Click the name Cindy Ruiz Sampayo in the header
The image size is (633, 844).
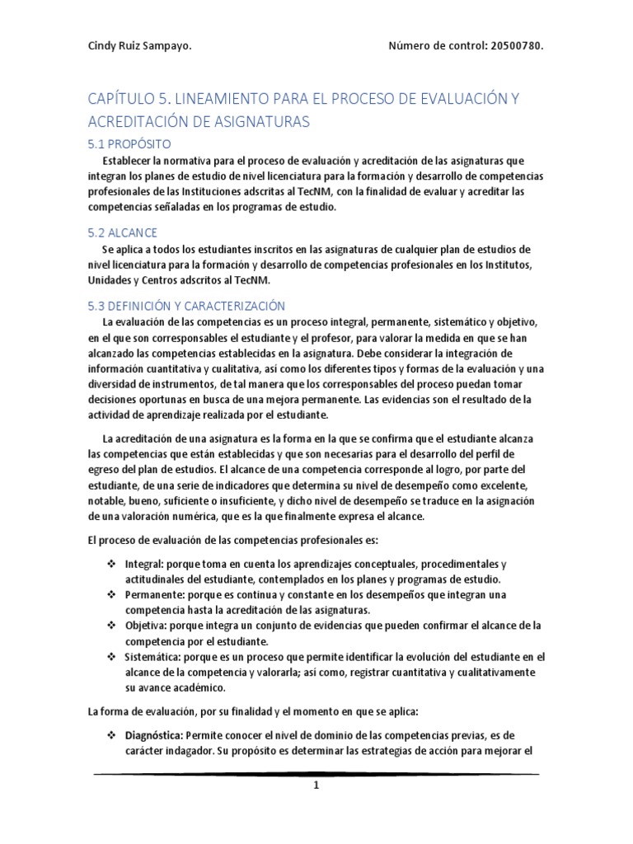[x=140, y=45]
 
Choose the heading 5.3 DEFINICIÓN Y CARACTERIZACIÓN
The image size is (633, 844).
[x=186, y=305]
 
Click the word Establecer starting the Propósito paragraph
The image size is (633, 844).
[x=129, y=160]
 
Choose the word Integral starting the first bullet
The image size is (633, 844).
[x=143, y=564]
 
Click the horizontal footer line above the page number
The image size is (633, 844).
[x=316, y=774]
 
